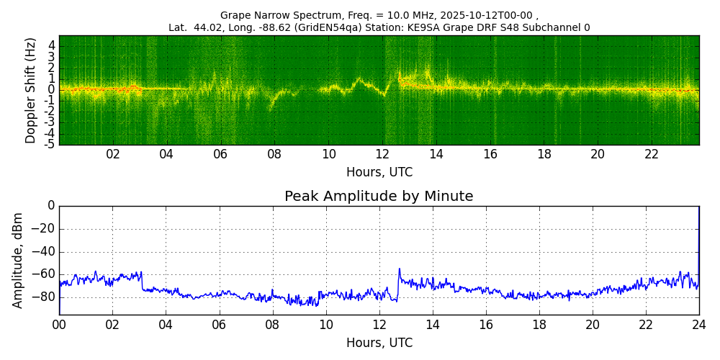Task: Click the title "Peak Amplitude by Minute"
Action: pos(379,197)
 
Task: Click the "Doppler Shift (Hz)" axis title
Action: pos(31,90)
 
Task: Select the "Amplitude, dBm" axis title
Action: pos(19,260)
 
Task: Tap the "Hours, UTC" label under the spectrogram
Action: pos(379,173)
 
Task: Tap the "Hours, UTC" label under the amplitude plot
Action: pos(379,343)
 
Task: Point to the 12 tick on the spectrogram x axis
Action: pos(382,155)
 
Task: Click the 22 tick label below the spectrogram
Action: pos(652,155)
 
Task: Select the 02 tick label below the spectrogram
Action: pos(113,155)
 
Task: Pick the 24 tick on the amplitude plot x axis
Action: pos(698,324)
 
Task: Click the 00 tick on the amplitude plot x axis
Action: pos(59,324)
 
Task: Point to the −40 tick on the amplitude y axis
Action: pos(45,252)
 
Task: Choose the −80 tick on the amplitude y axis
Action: pos(45,297)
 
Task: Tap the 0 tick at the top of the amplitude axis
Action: pos(51,206)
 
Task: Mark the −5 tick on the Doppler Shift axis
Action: pos(50,144)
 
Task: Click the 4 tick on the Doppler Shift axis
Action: pos(52,45)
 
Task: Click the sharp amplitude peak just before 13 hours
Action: pos(399,270)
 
